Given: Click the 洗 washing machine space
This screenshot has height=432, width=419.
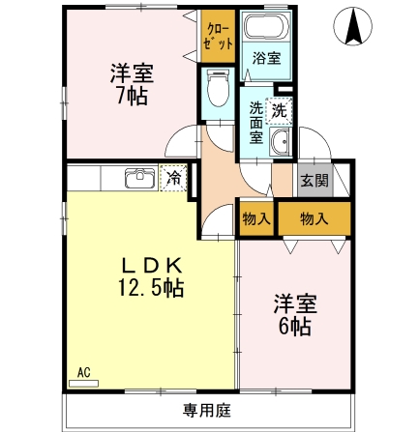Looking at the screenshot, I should point(281,111).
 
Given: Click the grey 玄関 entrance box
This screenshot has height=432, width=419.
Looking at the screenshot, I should point(313,181).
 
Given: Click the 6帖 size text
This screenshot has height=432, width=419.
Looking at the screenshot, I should point(293,326).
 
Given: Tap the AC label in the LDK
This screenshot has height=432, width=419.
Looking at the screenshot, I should point(84,371).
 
